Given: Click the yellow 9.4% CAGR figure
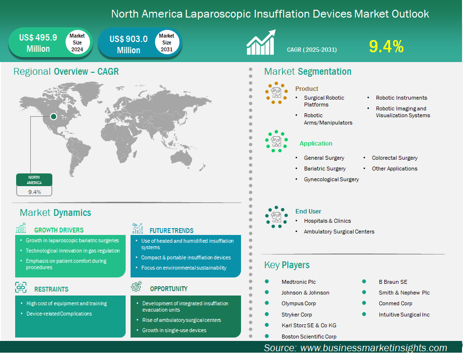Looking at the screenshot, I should point(386,46).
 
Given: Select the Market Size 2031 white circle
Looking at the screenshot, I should point(166,43).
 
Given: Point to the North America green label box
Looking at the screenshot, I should point(34,180).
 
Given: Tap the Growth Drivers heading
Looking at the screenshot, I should point(59,230).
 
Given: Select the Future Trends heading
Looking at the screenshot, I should point(171,231).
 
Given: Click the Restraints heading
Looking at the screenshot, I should point(51,289).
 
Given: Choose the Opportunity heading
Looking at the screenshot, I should point(169,289).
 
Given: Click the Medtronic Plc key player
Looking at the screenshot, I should point(298,282).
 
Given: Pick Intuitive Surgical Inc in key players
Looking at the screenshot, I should point(404,315).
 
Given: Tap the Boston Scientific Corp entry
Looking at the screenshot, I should point(309,337).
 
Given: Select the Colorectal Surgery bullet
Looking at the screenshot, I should point(395,158).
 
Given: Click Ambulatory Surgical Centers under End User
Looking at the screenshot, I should point(339,232).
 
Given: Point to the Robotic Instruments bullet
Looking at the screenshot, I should point(401,98).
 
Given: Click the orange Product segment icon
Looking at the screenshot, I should point(276,92).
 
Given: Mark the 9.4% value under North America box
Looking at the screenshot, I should point(34,192).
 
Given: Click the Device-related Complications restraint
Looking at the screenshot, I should point(59,314).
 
